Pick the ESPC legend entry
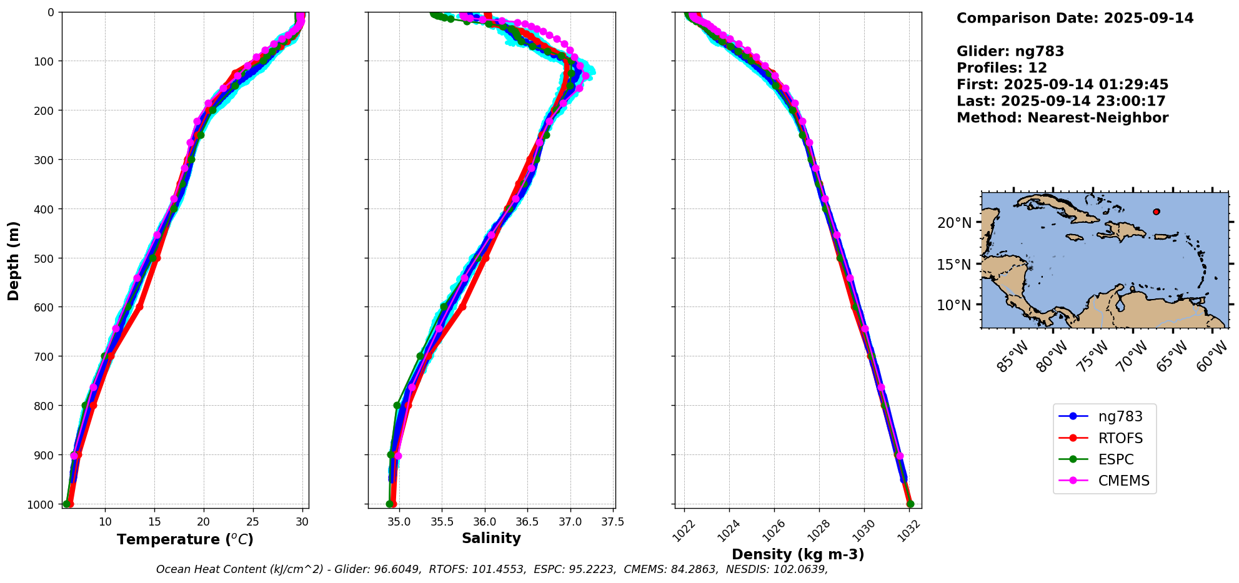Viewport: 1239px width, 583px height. point(1104,459)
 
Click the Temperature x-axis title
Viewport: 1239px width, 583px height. point(185,539)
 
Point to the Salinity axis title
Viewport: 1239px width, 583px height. point(491,538)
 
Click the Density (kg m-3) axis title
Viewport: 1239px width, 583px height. point(798,554)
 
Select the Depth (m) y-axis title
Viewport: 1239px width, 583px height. point(14,260)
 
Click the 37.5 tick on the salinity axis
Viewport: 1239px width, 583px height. point(612,522)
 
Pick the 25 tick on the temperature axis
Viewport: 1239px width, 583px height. point(253,522)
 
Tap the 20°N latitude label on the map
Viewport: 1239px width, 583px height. point(954,223)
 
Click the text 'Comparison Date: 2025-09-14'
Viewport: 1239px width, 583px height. point(1075,18)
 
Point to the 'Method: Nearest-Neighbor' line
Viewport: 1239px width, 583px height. point(1062,117)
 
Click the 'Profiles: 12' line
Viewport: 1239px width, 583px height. point(1002,67)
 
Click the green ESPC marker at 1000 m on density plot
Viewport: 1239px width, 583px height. point(910,504)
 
